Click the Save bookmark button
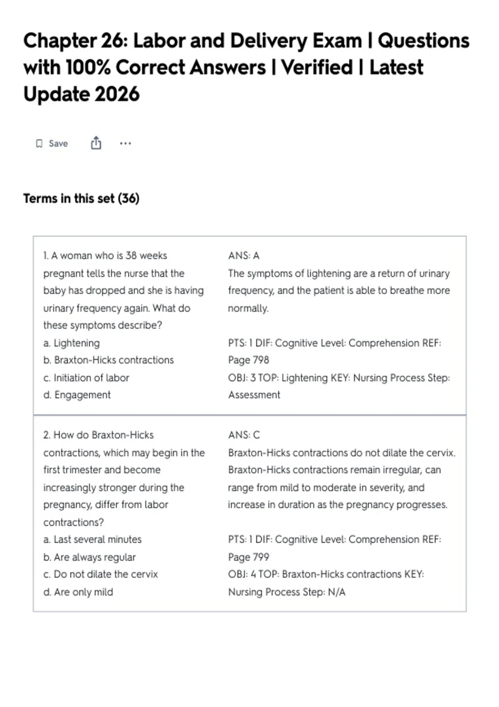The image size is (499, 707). tap(52, 143)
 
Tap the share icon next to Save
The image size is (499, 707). tap(96, 143)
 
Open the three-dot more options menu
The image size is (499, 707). tap(125, 143)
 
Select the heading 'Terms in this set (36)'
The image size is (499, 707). tap(82, 198)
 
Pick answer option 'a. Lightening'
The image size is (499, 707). tap(72, 343)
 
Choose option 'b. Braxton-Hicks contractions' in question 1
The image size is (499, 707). tap(109, 360)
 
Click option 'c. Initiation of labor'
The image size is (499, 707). tap(86, 378)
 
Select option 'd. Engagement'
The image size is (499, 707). tap(77, 395)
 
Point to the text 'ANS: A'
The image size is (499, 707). tap(244, 256)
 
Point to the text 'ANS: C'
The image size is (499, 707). tap(244, 435)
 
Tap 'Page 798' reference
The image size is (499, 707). tap(249, 360)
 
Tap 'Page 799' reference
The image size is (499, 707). tap(249, 557)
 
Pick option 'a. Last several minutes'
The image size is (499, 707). tap(92, 540)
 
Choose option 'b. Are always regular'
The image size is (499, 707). tap(90, 558)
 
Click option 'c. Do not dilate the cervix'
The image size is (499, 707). tap(101, 574)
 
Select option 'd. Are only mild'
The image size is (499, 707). tap(78, 593)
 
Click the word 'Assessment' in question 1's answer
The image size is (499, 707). tap(254, 395)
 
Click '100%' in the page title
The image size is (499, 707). tap(88, 67)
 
